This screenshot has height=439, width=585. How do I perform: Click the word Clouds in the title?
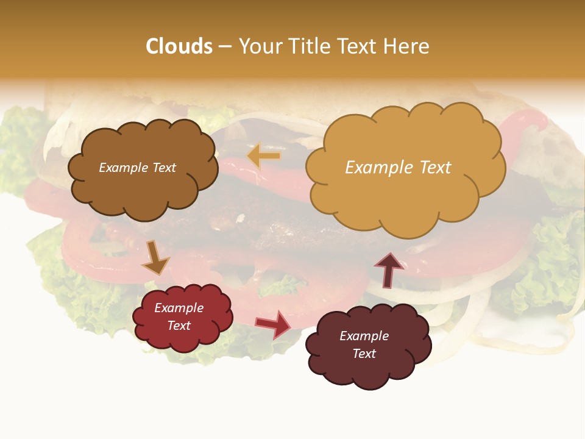(x=179, y=46)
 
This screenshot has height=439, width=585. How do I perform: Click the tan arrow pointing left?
(x=264, y=156)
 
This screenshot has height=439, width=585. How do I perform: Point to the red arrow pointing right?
(x=274, y=324)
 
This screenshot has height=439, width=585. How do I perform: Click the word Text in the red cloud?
(x=179, y=326)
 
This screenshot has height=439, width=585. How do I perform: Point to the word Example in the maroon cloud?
(x=364, y=336)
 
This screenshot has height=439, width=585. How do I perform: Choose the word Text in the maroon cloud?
(x=364, y=354)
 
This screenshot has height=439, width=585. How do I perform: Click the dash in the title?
(x=225, y=46)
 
